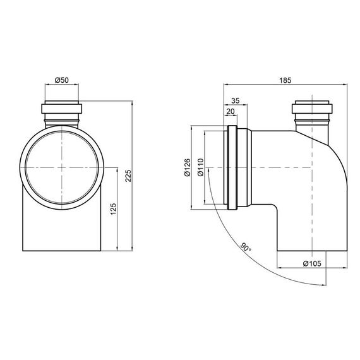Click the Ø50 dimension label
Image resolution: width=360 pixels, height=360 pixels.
tap(62, 80)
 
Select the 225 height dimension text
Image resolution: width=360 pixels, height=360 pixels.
tap(128, 176)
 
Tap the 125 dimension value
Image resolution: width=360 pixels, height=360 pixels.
tap(114, 209)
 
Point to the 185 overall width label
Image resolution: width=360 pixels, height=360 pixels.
tap(285, 80)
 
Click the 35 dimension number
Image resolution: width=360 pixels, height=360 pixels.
tap(235, 100)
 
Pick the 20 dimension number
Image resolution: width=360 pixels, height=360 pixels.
tap(231, 111)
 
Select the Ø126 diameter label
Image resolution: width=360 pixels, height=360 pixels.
tap(188, 167)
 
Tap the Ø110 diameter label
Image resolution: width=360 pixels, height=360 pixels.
tap(200, 167)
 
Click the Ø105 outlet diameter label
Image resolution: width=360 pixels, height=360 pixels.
tap(312, 263)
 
